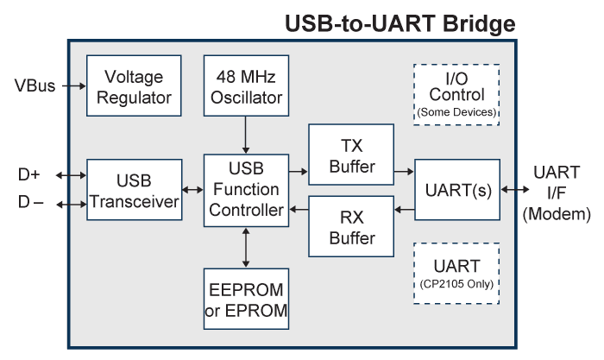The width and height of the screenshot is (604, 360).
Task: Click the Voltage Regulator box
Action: [134, 85]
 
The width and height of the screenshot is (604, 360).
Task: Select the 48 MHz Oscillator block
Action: [246, 85]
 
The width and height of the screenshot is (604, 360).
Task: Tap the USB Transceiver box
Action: [134, 190]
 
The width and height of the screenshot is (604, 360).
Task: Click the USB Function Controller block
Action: [246, 190]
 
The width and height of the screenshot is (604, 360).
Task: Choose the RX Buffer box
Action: [351, 227]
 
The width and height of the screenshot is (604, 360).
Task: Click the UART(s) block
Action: [456, 190]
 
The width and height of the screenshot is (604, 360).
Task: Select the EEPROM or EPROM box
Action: [246, 300]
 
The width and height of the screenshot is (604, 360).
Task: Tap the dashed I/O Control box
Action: [456, 95]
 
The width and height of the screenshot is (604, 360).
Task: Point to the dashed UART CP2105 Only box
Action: [456, 272]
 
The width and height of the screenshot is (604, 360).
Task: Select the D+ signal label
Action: [29, 174]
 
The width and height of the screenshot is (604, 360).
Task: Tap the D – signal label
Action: [29, 204]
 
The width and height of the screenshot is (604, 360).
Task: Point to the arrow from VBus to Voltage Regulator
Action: [72, 85]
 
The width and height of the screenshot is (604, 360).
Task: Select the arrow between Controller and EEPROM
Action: [246, 248]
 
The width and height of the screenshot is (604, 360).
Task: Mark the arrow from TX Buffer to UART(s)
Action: [404, 172]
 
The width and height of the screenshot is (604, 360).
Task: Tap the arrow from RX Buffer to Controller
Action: [298, 209]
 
